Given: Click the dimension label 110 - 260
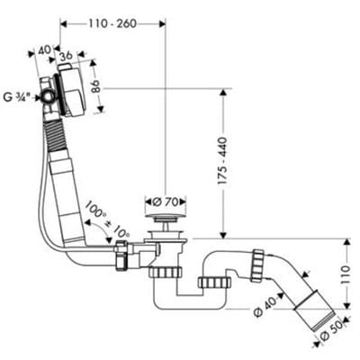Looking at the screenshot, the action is click(x=112, y=23).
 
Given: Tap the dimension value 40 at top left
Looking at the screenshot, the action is click(x=44, y=50).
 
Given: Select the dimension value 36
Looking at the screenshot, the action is click(x=66, y=56).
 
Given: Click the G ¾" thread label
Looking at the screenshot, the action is click(x=17, y=97).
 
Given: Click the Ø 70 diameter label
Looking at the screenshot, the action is click(x=166, y=202).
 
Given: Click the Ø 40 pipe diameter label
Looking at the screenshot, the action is click(x=264, y=309).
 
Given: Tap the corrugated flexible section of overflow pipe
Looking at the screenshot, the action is click(x=55, y=133).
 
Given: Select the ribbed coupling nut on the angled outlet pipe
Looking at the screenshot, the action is click(x=257, y=265).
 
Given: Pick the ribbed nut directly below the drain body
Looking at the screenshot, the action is click(x=166, y=272).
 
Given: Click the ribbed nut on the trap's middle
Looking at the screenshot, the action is click(x=214, y=283).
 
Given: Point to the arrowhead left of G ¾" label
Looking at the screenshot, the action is click(x=38, y=97).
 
